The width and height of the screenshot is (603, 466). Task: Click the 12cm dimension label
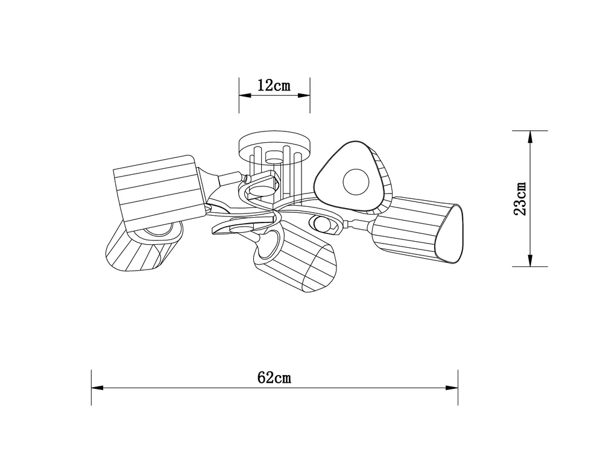point(274,85)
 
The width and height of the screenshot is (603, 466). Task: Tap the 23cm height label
point(520,199)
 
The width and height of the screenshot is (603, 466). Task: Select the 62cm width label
point(274,377)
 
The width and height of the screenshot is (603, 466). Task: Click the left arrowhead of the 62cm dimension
point(98,387)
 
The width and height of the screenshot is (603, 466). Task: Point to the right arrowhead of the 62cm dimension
point(452,387)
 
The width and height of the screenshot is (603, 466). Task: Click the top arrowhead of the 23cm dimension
point(530,137)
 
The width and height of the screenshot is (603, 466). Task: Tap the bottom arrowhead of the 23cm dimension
point(530,260)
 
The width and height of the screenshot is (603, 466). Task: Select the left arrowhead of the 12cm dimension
point(245,95)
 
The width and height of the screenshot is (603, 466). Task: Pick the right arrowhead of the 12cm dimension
point(304,95)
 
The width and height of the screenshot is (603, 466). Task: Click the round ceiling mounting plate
point(274,143)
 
